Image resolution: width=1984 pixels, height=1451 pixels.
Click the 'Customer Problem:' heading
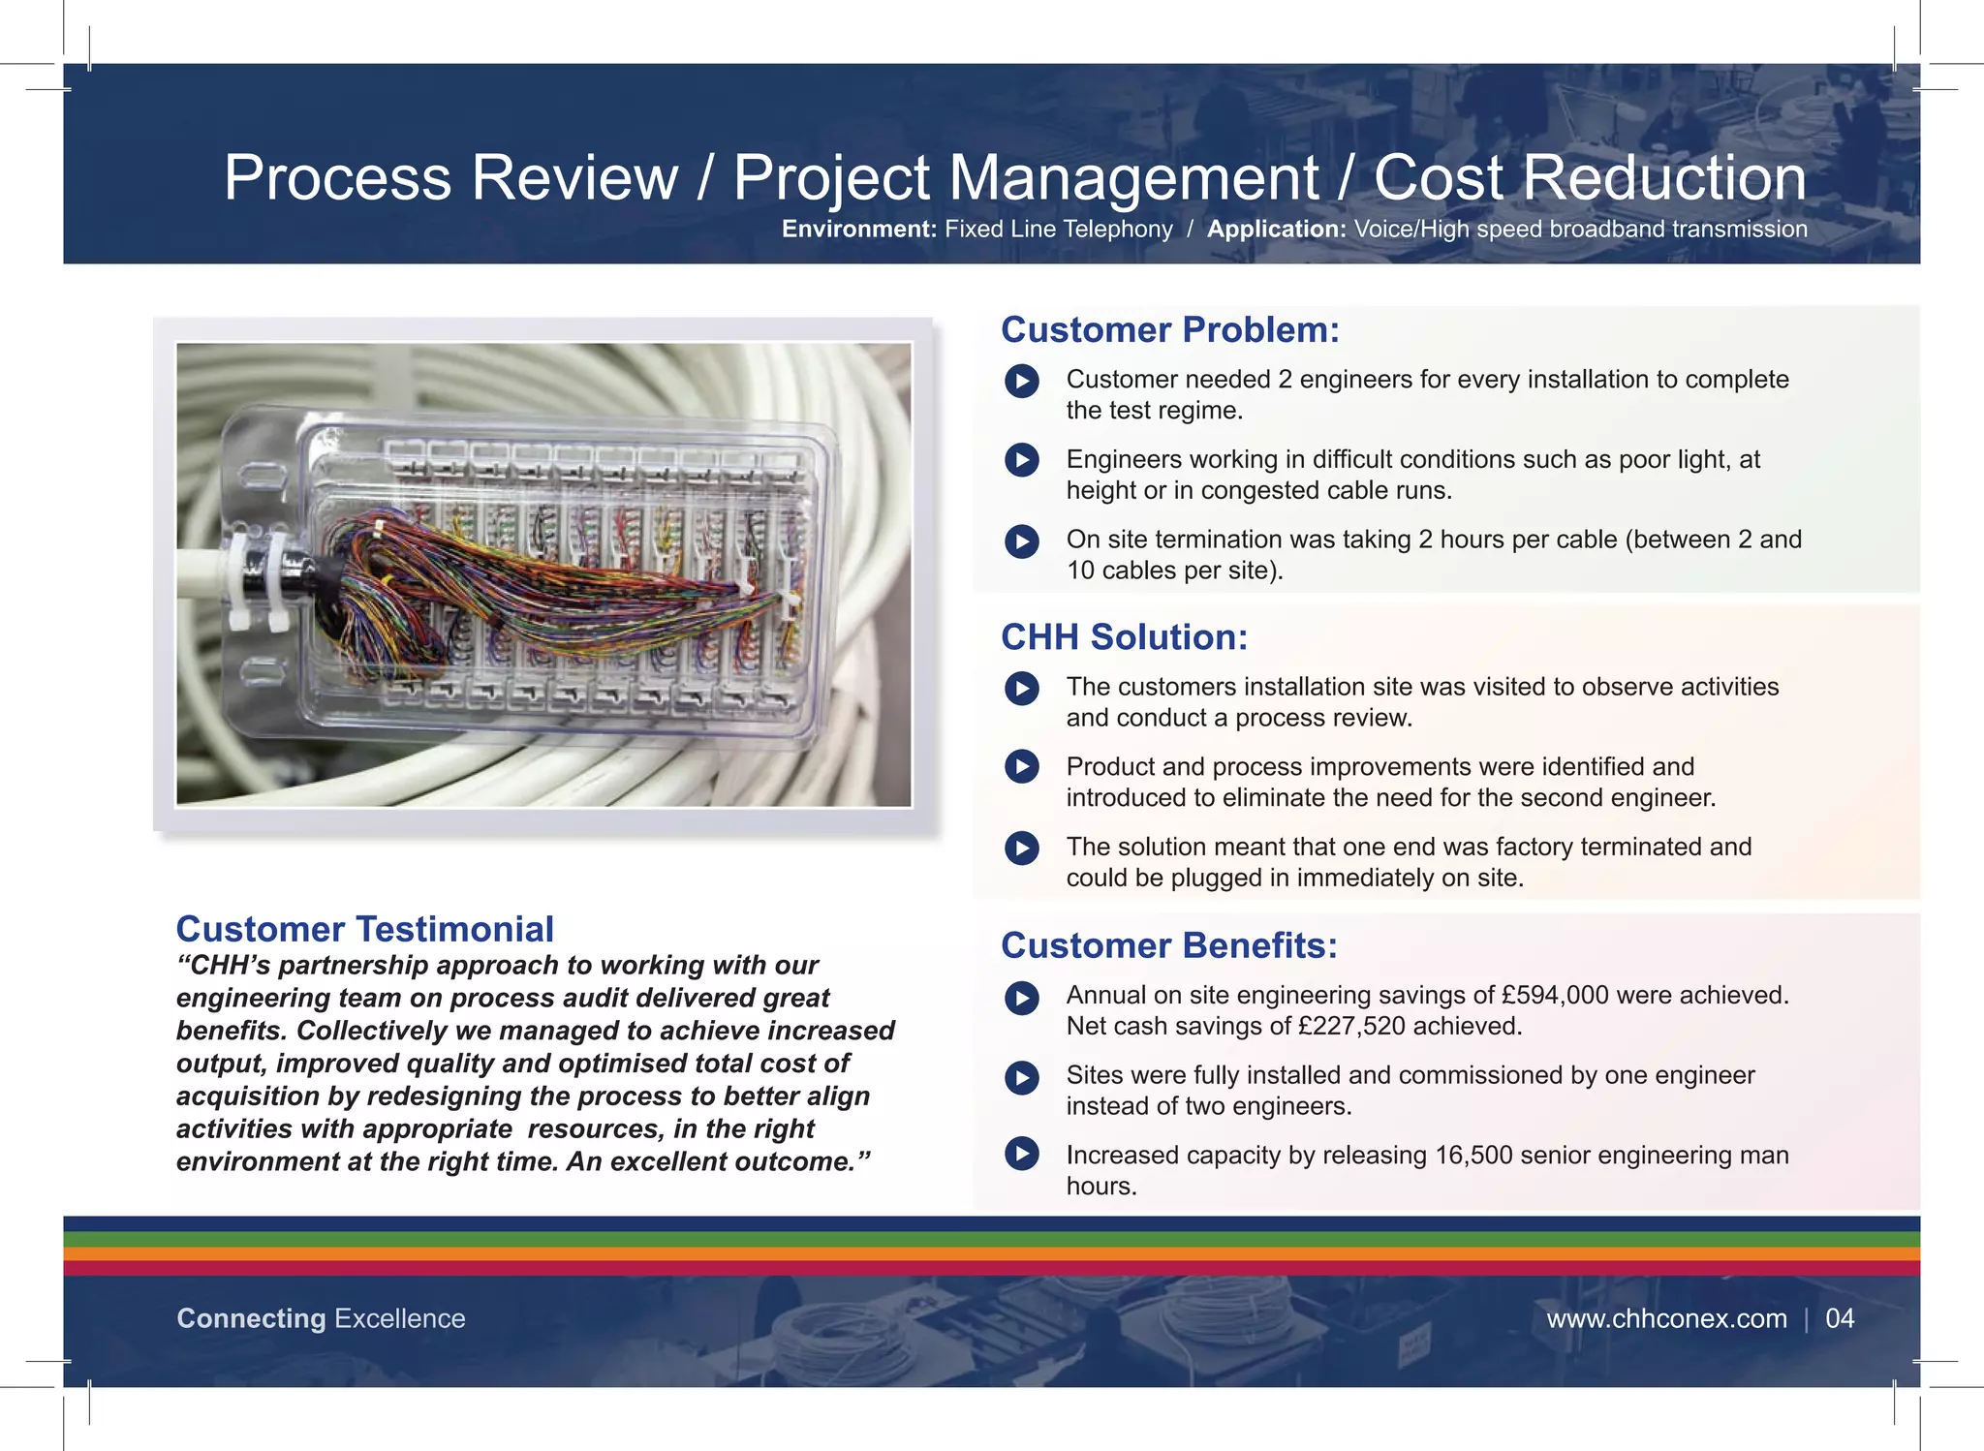point(1169,330)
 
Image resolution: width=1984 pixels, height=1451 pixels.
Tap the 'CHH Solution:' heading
point(1124,637)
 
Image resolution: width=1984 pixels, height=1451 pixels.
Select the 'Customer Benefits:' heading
point(1168,945)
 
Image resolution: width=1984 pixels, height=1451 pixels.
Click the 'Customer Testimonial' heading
point(364,929)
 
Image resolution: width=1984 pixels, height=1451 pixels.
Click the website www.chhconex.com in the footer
point(1665,1318)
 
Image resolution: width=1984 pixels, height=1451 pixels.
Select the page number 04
point(1839,1318)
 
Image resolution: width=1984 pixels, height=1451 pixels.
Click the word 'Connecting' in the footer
point(251,1318)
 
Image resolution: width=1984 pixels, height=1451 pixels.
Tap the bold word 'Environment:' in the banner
point(858,230)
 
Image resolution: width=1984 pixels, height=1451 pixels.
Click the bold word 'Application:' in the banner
point(1276,230)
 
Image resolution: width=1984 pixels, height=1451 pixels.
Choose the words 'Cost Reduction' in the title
point(1589,178)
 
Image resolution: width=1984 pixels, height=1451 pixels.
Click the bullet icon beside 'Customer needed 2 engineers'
point(1021,381)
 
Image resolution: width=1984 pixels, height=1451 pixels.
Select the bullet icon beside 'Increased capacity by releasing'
point(1021,1154)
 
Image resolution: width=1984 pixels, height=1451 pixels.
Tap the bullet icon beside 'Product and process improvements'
point(1021,766)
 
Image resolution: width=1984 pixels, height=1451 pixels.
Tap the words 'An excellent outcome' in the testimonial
point(717,1161)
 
